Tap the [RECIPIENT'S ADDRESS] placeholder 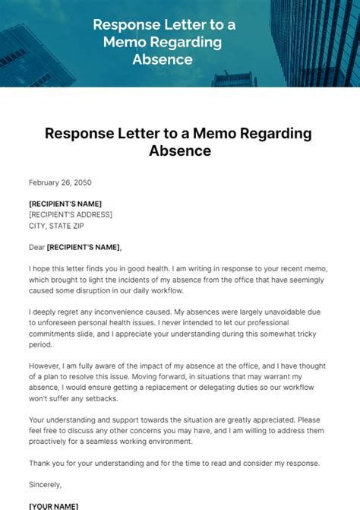pos(71,214)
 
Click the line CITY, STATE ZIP pos(63,225)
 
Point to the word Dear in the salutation pos(36,246)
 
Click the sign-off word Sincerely pos(46,483)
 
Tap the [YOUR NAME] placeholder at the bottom pos(54,505)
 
